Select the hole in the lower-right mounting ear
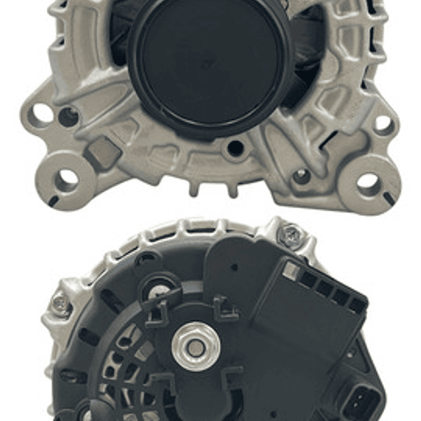pyautogui.click(x=368, y=184)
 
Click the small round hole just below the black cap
pyautogui.click(x=235, y=148)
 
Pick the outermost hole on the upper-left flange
pyautogui.click(x=42, y=114)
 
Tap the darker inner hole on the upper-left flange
pyautogui.click(x=69, y=117)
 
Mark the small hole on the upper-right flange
pyautogui.click(x=384, y=124)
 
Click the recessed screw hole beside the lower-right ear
pyautogui.click(x=302, y=176)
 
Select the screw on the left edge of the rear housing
pyautogui.click(x=60, y=304)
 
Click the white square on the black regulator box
pyautogui.click(x=291, y=270)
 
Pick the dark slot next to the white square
pyautogui.click(x=308, y=279)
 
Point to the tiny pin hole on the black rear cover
pyautogui.click(x=234, y=268)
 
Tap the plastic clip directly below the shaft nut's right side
pyautogui.click(x=231, y=381)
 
